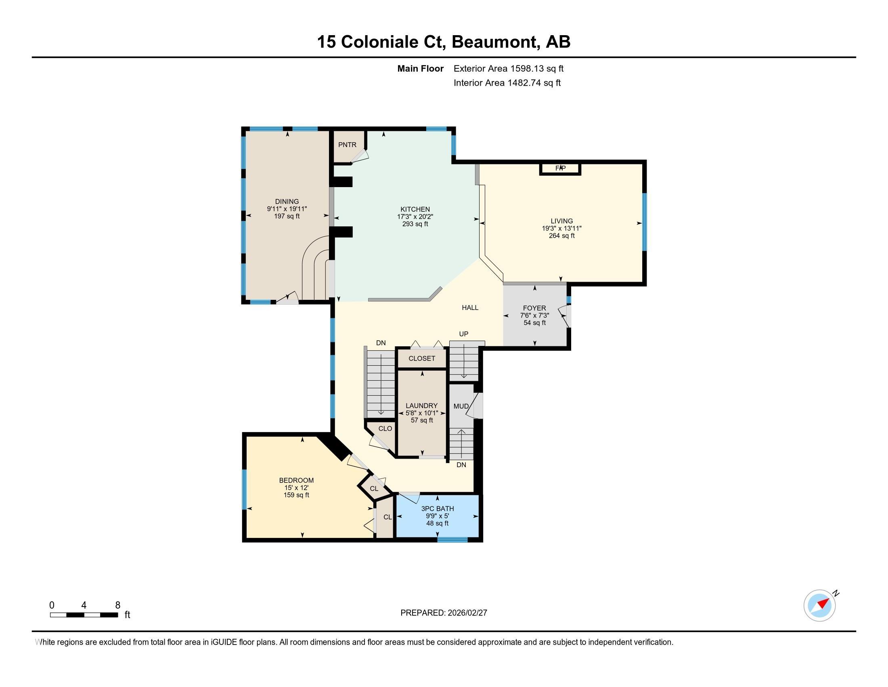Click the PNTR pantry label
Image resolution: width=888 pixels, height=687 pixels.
(347, 145)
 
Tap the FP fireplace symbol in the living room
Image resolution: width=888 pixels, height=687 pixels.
(560, 168)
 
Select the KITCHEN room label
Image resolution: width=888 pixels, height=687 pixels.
(415, 210)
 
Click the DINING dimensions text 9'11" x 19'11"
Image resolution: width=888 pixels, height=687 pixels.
(287, 209)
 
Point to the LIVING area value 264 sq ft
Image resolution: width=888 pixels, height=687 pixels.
(561, 236)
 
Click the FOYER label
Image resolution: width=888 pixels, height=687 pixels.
(534, 308)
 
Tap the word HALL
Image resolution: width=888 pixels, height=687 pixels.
(469, 308)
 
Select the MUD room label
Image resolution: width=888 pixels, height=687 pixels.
(461, 406)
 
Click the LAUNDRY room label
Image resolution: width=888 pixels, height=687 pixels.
(421, 406)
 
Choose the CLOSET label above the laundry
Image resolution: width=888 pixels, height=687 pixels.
(422, 358)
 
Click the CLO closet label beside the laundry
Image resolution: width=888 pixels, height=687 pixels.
(385, 428)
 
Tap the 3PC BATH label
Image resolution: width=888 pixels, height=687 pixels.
(438, 509)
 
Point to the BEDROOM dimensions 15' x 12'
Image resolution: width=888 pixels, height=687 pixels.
(296, 488)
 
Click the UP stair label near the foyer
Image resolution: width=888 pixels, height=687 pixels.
(463, 334)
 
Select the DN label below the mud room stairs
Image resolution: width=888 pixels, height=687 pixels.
(461, 465)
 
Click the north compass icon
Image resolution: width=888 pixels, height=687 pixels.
(819, 605)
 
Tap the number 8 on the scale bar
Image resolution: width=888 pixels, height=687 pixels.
(117, 605)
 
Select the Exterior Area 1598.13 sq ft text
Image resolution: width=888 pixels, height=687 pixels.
(508, 69)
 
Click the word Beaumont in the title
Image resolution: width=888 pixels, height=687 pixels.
(494, 42)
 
